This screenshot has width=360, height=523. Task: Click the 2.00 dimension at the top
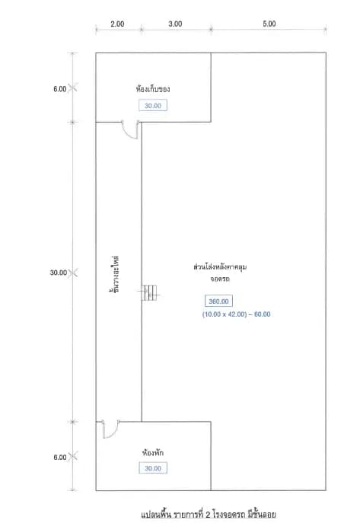coord(117,24)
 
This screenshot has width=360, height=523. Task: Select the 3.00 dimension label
coord(175,24)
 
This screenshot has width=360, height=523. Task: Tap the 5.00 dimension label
coord(269,24)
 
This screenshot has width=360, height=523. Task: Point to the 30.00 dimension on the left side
coord(59,273)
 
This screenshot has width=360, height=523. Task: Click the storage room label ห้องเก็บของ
coord(153,89)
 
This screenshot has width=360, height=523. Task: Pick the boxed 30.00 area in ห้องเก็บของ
coord(153,106)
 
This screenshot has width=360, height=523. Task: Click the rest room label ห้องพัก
coord(153,453)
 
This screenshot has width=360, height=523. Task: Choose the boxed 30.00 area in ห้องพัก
coord(153,468)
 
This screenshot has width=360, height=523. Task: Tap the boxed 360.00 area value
coord(218,301)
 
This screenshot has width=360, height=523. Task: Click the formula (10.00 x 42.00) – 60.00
coord(237,314)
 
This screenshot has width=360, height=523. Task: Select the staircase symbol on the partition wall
coord(149,292)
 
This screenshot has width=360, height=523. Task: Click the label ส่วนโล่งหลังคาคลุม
coord(220,267)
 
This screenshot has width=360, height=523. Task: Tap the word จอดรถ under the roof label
coord(220,279)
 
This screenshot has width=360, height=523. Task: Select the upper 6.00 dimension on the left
coord(60,89)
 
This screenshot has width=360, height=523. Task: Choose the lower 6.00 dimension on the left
coord(60,457)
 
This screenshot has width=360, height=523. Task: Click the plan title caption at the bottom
coord(209,515)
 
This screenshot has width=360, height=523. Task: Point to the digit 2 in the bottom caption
coord(208,515)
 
